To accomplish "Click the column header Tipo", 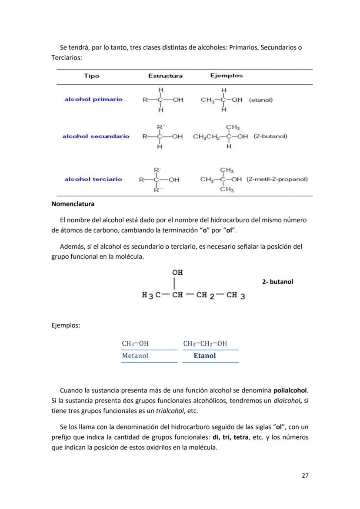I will pyautogui.click(x=91, y=76).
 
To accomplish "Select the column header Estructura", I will pyautogui.click(x=165, y=76).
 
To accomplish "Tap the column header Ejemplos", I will pyautogui.click(x=226, y=76).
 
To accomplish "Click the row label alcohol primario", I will pyautogui.click(x=93, y=99).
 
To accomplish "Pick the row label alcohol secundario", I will pyautogui.click(x=96, y=136).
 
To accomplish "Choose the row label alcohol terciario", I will pyautogui.click(x=93, y=179).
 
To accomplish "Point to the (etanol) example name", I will pyautogui.click(x=261, y=100).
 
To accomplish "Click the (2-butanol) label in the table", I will pyautogui.click(x=270, y=136).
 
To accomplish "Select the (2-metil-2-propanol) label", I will pyautogui.click(x=277, y=179).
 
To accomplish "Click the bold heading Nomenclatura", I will pyautogui.click(x=73, y=203).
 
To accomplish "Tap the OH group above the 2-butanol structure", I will pyautogui.click(x=177, y=273).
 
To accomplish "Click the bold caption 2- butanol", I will pyautogui.click(x=277, y=282).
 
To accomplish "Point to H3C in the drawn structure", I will pyautogui.click(x=150, y=296).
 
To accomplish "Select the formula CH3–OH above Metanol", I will pyautogui.click(x=135, y=343).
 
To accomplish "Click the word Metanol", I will pyautogui.click(x=135, y=356).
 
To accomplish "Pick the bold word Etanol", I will pyautogui.click(x=204, y=356).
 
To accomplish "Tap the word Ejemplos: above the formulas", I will pyautogui.click(x=65, y=325).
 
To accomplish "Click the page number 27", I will pyautogui.click(x=305, y=476).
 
